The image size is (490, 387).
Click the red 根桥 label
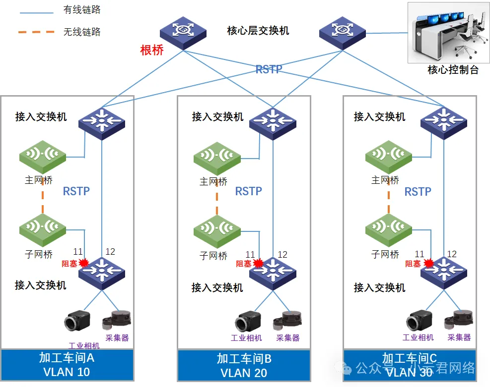coord(152,50)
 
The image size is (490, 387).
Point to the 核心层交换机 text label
coord(258,31)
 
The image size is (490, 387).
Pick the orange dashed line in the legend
coord(36,32)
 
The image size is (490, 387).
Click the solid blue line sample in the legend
coord(35,12)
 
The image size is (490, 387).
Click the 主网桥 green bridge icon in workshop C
coord(389,157)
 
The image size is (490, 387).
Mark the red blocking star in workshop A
coord(83,263)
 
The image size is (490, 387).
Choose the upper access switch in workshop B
coord(273,120)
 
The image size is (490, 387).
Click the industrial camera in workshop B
coord(247,322)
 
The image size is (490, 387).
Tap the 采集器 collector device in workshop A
coord(117,321)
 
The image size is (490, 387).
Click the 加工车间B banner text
coord(244,358)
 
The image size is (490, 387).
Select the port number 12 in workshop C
coord(452,254)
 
